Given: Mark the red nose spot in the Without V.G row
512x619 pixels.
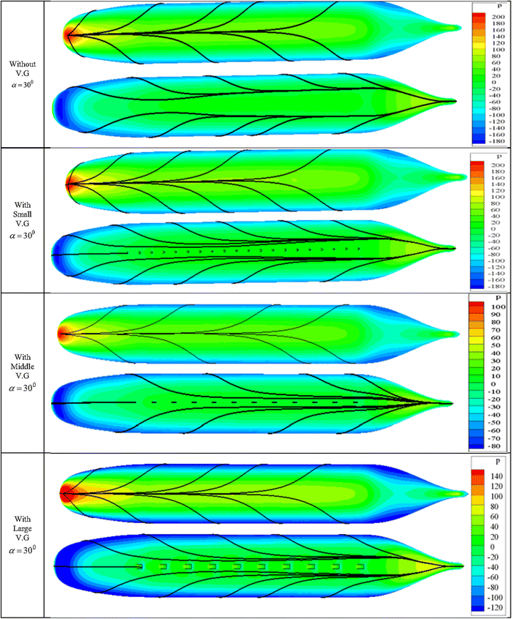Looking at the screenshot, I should coord(70,34).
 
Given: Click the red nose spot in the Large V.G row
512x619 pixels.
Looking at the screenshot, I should coord(67,492).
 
